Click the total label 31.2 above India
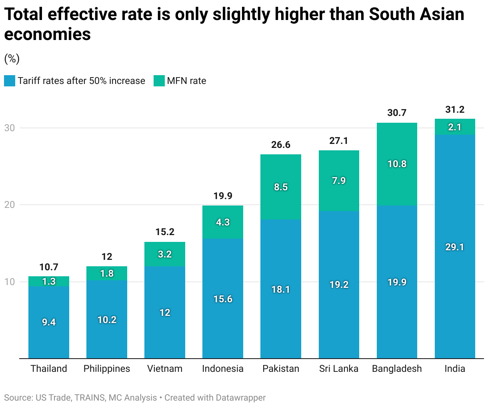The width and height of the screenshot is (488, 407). coord(455,110)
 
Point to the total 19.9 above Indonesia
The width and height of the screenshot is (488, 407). coord(223,196)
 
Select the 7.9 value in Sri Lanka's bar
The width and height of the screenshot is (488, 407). coord(339,181)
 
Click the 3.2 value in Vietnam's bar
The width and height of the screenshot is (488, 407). coord(165,254)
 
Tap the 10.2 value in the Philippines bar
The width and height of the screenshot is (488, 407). coord(107,320)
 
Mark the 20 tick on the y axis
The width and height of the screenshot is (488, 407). coord(10,205)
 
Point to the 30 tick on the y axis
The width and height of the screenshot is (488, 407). coord(10,128)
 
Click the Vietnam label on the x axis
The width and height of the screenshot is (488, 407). coord(165,369)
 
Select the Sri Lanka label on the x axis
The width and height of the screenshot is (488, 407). coord(339,369)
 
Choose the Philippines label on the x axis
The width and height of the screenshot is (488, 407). coord(107,369)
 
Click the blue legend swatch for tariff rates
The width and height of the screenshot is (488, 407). coord(10,81)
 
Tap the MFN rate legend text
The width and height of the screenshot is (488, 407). coord(186,81)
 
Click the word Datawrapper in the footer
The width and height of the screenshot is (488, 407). coord(240,398)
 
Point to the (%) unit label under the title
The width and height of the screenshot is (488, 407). coord(12,59)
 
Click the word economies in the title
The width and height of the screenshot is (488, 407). coord(48,34)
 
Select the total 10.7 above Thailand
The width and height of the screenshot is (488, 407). coord(49,267)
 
